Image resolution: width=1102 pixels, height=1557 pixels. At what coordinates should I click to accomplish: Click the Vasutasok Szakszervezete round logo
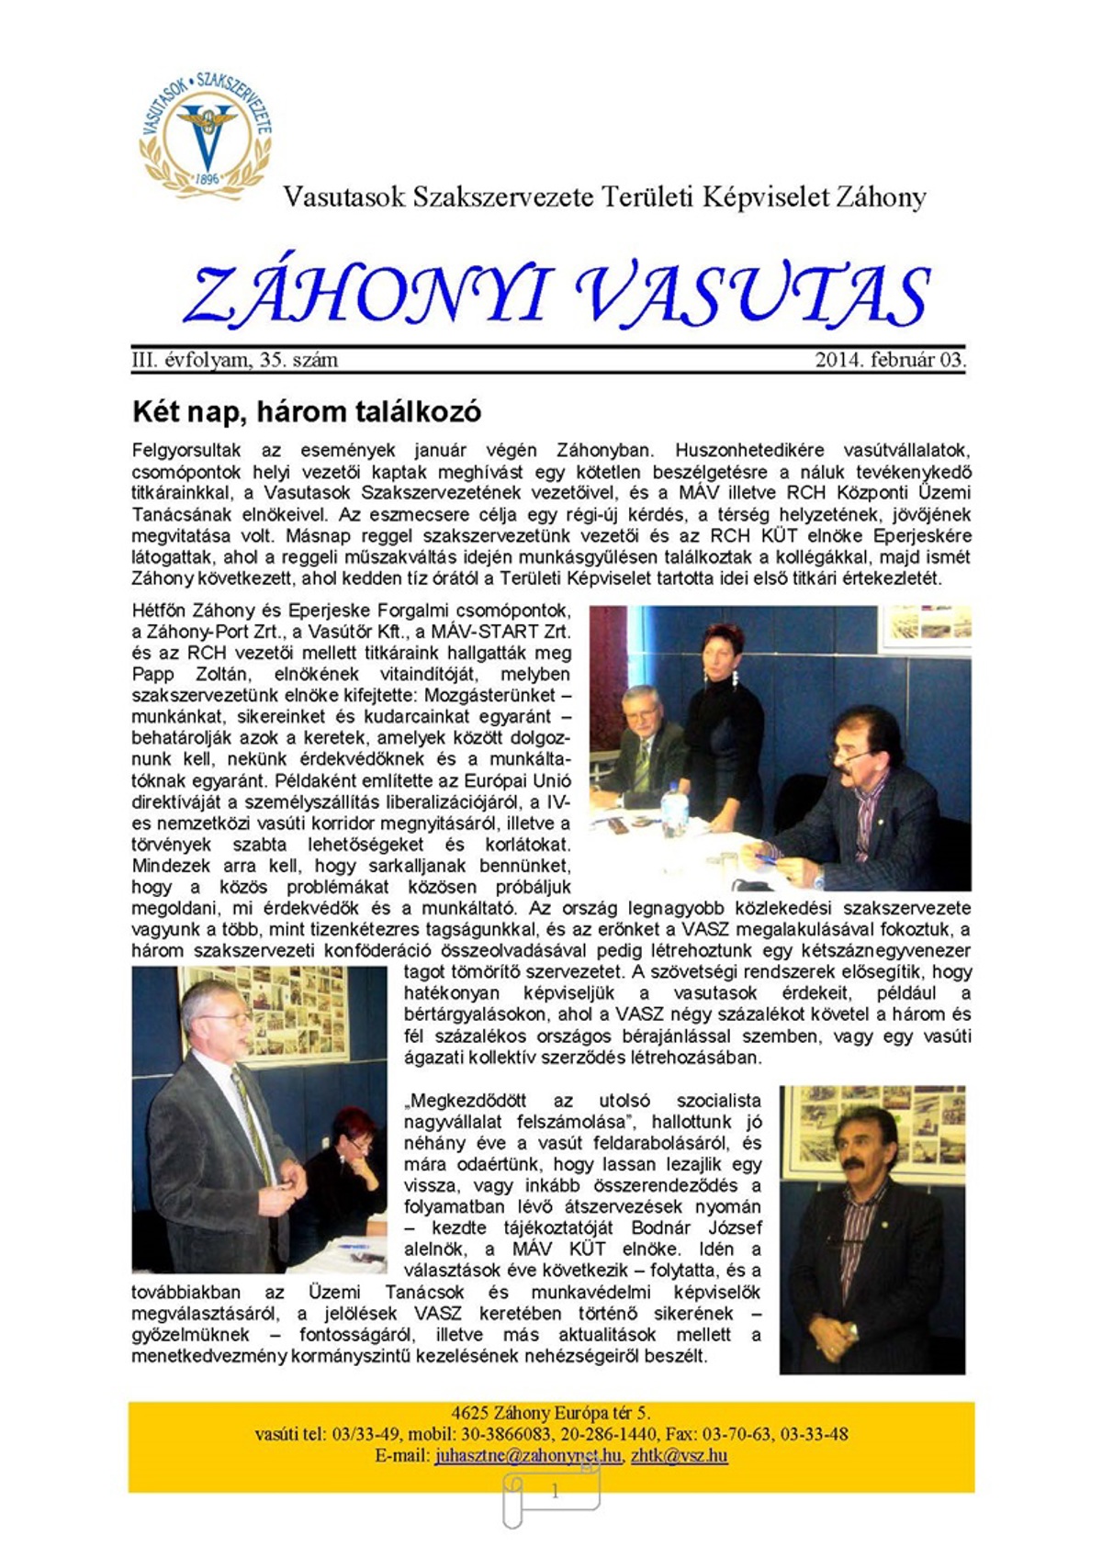point(205,135)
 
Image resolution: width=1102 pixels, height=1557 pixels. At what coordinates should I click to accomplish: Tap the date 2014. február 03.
point(890,360)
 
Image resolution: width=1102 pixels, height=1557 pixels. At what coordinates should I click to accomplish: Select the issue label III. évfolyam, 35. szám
point(235,360)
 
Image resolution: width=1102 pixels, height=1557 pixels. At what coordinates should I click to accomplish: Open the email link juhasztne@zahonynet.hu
point(528,1456)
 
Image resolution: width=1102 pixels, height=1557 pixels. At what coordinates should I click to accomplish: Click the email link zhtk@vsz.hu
point(679,1456)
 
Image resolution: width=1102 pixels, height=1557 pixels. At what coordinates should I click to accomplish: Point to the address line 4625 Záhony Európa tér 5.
point(551,1413)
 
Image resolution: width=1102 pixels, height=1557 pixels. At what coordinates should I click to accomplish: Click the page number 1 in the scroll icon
point(555,1492)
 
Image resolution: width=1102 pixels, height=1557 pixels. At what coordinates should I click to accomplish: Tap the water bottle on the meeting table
point(675,807)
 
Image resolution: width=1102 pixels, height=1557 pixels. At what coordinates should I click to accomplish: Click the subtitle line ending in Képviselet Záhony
point(604,196)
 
